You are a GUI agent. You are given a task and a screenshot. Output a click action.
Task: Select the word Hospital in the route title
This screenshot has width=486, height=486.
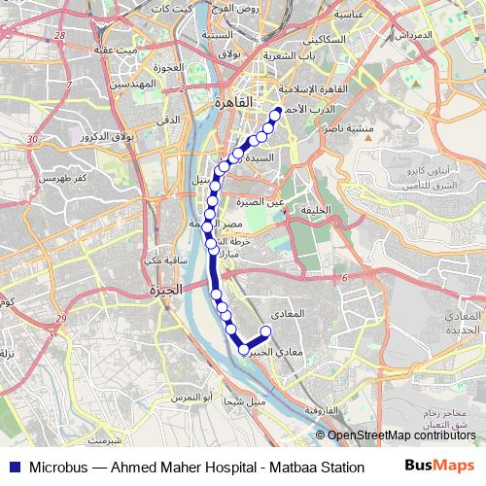[x=221, y=467]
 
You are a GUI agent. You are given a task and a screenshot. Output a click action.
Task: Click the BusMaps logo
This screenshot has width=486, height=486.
[x=440, y=466]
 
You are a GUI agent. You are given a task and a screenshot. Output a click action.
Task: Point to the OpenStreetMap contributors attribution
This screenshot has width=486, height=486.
[x=401, y=434]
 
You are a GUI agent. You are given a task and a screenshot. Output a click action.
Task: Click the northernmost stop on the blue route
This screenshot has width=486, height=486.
[x=276, y=112]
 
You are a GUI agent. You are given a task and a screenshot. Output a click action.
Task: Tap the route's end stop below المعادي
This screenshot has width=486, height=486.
[x=265, y=331]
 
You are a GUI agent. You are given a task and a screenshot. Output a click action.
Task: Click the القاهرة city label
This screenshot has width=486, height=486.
[x=237, y=100]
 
